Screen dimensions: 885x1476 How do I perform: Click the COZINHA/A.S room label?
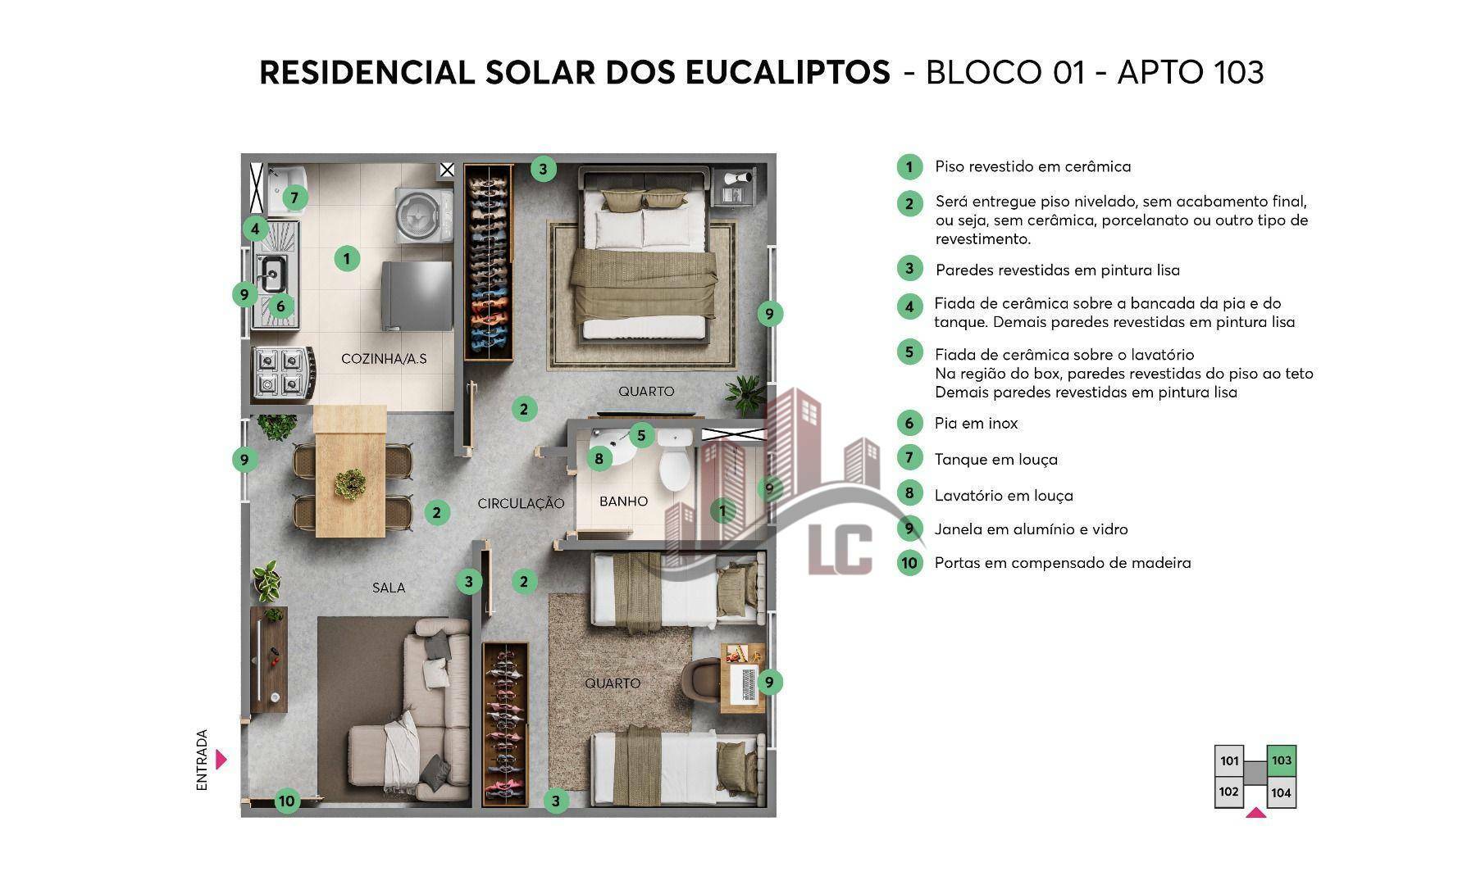point(384,359)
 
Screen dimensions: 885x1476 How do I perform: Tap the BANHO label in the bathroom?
point(623,501)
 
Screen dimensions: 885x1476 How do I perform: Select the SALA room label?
point(389,588)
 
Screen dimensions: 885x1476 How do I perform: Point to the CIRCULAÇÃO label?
point(521,503)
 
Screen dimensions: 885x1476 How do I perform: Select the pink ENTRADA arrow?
point(221,760)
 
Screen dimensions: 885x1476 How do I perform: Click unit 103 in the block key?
point(1281,760)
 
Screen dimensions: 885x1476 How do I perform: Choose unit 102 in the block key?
point(1228,792)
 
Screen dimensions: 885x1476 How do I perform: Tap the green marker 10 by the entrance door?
point(287,801)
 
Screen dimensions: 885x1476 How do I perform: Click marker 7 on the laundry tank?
point(294,197)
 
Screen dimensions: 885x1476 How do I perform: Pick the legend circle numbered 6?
point(909,423)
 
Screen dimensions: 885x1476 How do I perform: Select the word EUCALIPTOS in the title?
point(787,72)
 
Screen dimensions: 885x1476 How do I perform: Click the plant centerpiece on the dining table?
point(351,483)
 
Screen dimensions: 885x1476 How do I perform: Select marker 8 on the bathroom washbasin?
point(599,458)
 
